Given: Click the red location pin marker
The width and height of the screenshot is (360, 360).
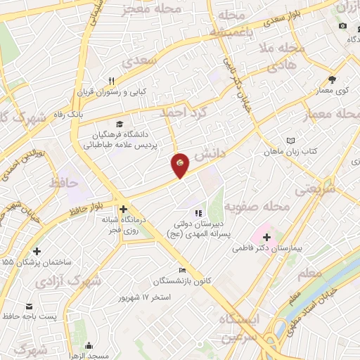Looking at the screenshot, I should pos(181,164).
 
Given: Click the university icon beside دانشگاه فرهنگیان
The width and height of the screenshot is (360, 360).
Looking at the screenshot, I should pos(118,122).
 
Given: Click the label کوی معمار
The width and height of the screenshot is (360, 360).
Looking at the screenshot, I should pos(332,89).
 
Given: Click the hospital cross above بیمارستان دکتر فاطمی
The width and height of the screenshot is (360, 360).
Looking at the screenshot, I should pos(266,237).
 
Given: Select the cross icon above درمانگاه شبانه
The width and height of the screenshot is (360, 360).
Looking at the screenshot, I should pos(123,209).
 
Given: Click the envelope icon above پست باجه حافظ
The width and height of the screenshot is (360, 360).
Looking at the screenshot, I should pos(30,307).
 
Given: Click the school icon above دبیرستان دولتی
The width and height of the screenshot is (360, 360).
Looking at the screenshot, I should pos(198,213).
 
